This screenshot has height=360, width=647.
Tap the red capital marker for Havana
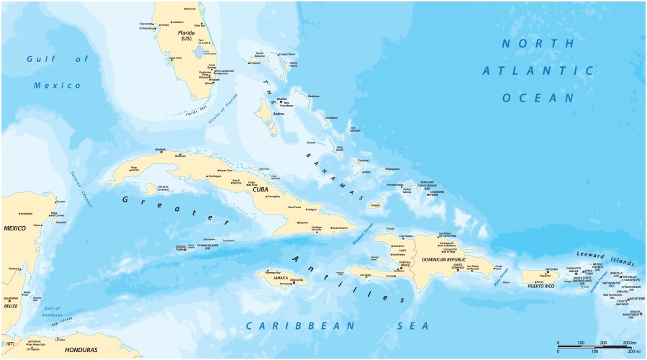[x=163, y=153]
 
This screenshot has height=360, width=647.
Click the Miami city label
[x=209, y=83]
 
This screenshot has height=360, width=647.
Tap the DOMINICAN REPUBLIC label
[x=444, y=259]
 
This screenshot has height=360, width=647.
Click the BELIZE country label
[x=11, y=305]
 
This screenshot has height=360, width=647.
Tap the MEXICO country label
[x=15, y=228]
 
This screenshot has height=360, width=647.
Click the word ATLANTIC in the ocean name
[x=538, y=71]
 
